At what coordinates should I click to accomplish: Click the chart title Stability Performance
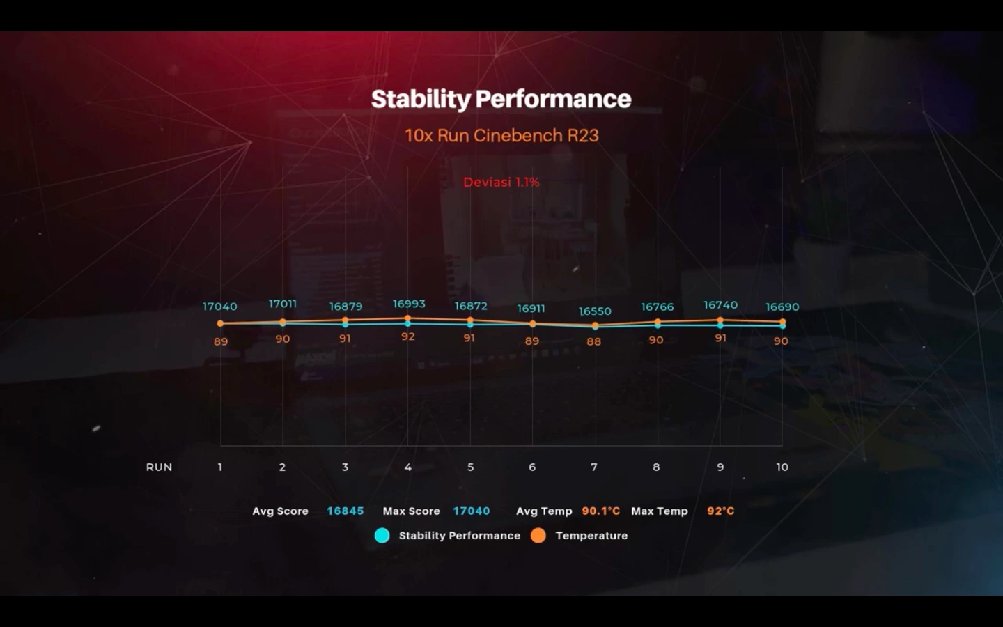(501, 99)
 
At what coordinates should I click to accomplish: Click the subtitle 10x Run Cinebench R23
(501, 135)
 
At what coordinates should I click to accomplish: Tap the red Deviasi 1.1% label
(501, 182)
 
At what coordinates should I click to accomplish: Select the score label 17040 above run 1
(220, 307)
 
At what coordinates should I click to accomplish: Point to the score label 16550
(595, 311)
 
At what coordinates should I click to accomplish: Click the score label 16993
(409, 304)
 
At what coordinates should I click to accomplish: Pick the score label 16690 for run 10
(782, 307)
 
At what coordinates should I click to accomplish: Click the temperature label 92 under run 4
(408, 336)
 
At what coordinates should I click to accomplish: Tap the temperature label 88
(593, 341)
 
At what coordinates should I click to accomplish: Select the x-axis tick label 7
(594, 467)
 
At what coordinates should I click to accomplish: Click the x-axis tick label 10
(782, 467)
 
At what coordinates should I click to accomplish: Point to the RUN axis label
(159, 467)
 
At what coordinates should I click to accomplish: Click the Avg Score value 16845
(345, 511)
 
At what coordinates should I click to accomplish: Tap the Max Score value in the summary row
(472, 511)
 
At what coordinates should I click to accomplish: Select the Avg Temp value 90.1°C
(600, 511)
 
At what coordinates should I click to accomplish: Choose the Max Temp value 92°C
(720, 511)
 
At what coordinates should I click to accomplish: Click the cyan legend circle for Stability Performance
(382, 535)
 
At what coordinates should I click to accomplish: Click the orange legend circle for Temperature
(538, 535)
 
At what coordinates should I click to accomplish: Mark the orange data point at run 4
(408, 318)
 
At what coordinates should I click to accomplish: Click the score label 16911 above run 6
(531, 308)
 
